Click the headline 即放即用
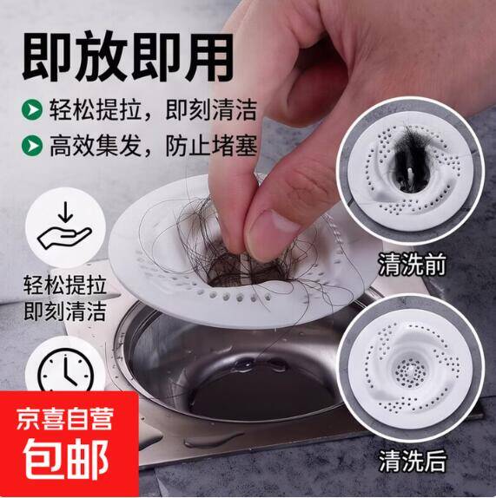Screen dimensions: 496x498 [x=129, y=56]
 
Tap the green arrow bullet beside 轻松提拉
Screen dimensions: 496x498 [x=32, y=109]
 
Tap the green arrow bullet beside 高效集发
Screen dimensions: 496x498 [x=32, y=146]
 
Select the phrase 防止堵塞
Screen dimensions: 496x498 [x=211, y=146]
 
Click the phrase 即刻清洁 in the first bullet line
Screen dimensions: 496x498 [x=211, y=109]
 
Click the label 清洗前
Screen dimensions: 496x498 [x=412, y=265]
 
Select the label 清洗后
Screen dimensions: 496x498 [x=412, y=461]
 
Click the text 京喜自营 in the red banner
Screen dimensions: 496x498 [x=65, y=419]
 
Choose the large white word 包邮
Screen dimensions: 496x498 [x=66, y=459]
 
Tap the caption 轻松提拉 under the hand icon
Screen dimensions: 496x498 [x=65, y=285]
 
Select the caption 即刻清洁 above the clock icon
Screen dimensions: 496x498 [x=65, y=311]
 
